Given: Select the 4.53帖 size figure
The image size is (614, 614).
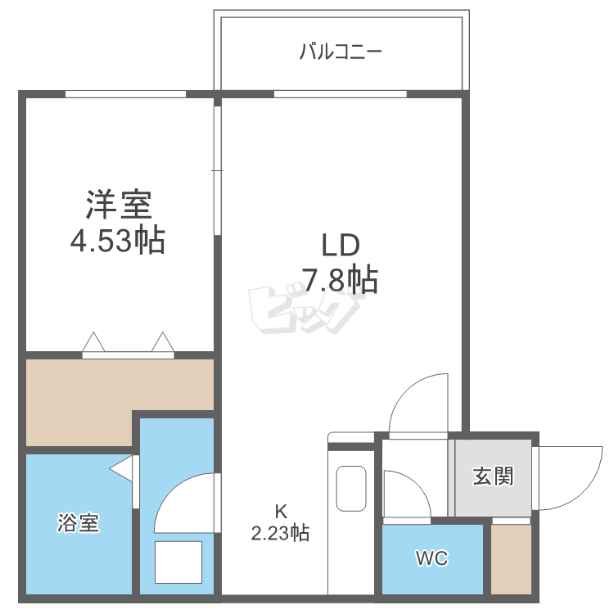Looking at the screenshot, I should point(118,241).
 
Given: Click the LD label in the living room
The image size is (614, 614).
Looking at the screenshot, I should point(340,245).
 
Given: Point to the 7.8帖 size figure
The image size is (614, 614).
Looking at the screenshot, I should point(340,281).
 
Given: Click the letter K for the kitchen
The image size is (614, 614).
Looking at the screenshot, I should point(280,512).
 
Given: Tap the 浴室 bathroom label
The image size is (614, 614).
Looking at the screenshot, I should point(79,523).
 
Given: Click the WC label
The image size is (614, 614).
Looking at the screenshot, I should point(431,559).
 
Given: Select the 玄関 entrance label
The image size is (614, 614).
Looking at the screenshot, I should point(493,476).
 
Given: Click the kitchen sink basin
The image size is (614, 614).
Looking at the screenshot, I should point(352,489).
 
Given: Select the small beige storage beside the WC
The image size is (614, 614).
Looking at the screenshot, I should point(511,558).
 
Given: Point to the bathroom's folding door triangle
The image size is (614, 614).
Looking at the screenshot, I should point(122,470).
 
